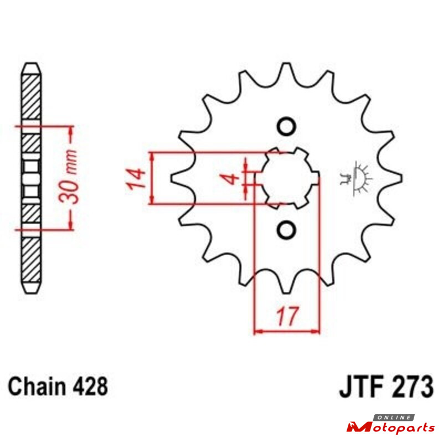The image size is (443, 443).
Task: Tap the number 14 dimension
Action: click(136, 179)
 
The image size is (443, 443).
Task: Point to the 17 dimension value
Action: click(287, 316)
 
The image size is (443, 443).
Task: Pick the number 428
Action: click(90, 387)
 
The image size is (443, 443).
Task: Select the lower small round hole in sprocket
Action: click(286, 229)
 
